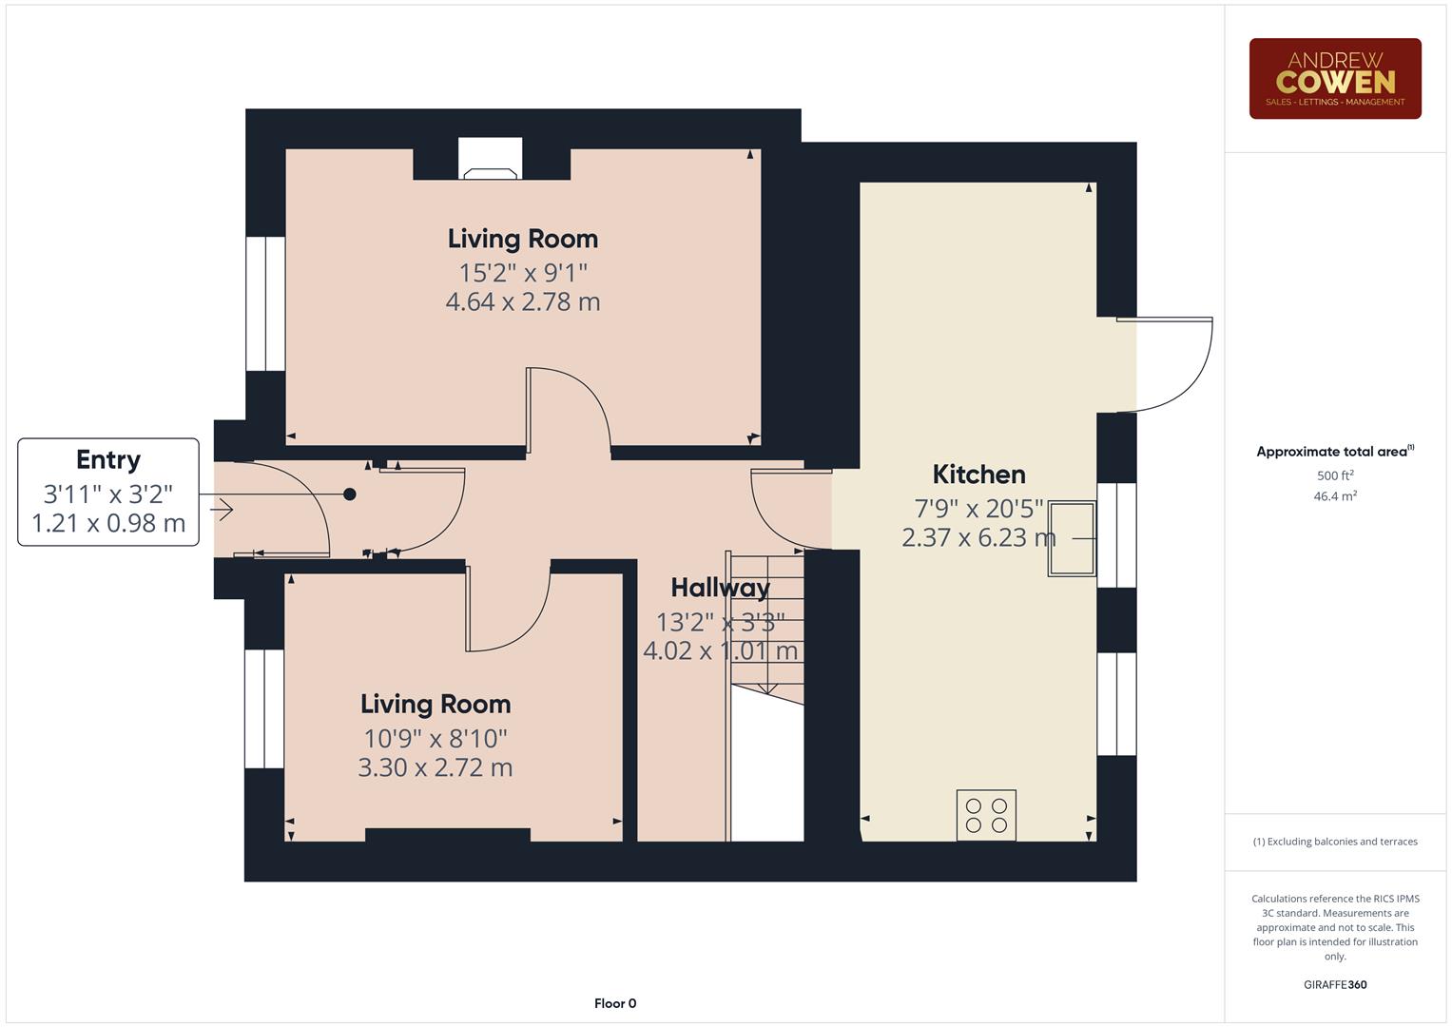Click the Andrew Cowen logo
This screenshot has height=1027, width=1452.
coord(1334,79)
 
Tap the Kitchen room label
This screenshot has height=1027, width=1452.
coord(978,474)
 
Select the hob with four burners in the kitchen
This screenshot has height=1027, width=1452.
coord(986,816)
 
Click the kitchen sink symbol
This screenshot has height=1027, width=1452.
coord(1072,538)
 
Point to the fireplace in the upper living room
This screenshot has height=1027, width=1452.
coord(491,161)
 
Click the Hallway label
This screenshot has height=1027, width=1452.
coord(720,588)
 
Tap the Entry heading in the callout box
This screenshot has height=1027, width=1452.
coord(108,459)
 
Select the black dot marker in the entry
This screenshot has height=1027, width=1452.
coord(350,494)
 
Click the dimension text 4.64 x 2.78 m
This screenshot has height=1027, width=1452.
coord(523,302)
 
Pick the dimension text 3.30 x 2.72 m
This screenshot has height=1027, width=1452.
coord(436,767)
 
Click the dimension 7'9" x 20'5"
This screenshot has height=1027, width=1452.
coord(978,509)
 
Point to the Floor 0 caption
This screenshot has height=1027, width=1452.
coord(615,1003)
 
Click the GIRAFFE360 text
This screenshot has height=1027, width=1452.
coord(1334,984)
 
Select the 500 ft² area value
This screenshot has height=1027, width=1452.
coord(1334,475)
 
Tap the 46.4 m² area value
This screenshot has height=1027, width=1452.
coord(1334,495)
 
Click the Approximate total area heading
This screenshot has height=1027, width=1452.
coord(1334,452)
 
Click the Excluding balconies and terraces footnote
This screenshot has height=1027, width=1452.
coord(1334,842)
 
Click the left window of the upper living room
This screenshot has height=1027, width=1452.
coord(265,303)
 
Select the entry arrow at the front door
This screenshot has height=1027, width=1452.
coord(222,511)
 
